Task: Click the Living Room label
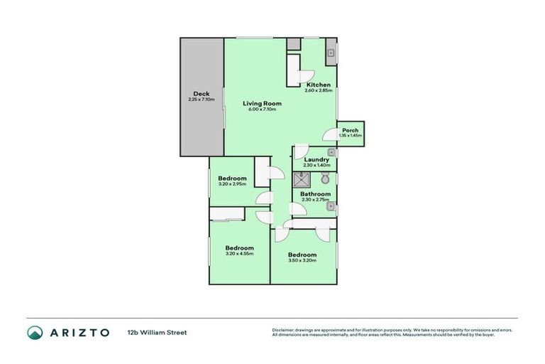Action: pos(262,103)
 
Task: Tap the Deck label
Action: pos(202,94)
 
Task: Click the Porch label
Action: pos(351,130)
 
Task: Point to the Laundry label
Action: pos(316,159)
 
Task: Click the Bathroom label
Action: pos(315,193)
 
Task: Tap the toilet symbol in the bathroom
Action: pos(325,178)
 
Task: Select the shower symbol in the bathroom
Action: pos(302,178)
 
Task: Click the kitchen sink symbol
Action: pos(331,52)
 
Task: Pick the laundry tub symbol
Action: pos(331,152)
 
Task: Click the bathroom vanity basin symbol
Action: pos(331,208)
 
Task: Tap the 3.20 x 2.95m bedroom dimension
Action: pos(232,184)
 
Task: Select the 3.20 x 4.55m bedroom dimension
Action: pos(239,253)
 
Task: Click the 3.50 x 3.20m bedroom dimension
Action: pos(302,260)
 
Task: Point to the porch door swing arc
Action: pos(329,134)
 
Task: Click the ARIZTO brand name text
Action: pos(78,332)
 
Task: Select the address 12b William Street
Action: pos(157,332)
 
